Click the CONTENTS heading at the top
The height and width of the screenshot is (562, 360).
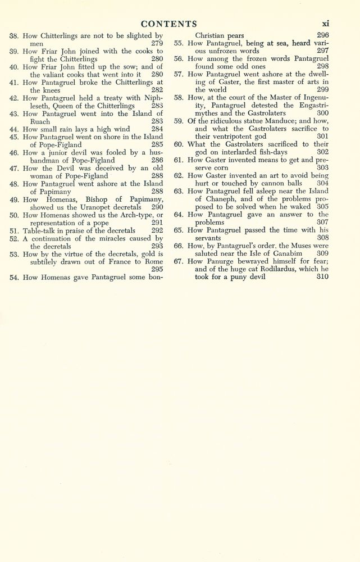click(x=168, y=24)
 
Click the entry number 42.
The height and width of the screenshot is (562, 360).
click(x=15, y=98)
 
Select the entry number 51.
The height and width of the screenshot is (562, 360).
click(x=15, y=230)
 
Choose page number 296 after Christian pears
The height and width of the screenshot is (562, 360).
click(x=322, y=34)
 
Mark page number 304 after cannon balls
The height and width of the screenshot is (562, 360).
click(x=322, y=184)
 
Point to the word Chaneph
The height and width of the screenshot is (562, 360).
click(x=212, y=200)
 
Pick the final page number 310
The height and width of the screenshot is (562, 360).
click(x=322, y=277)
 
